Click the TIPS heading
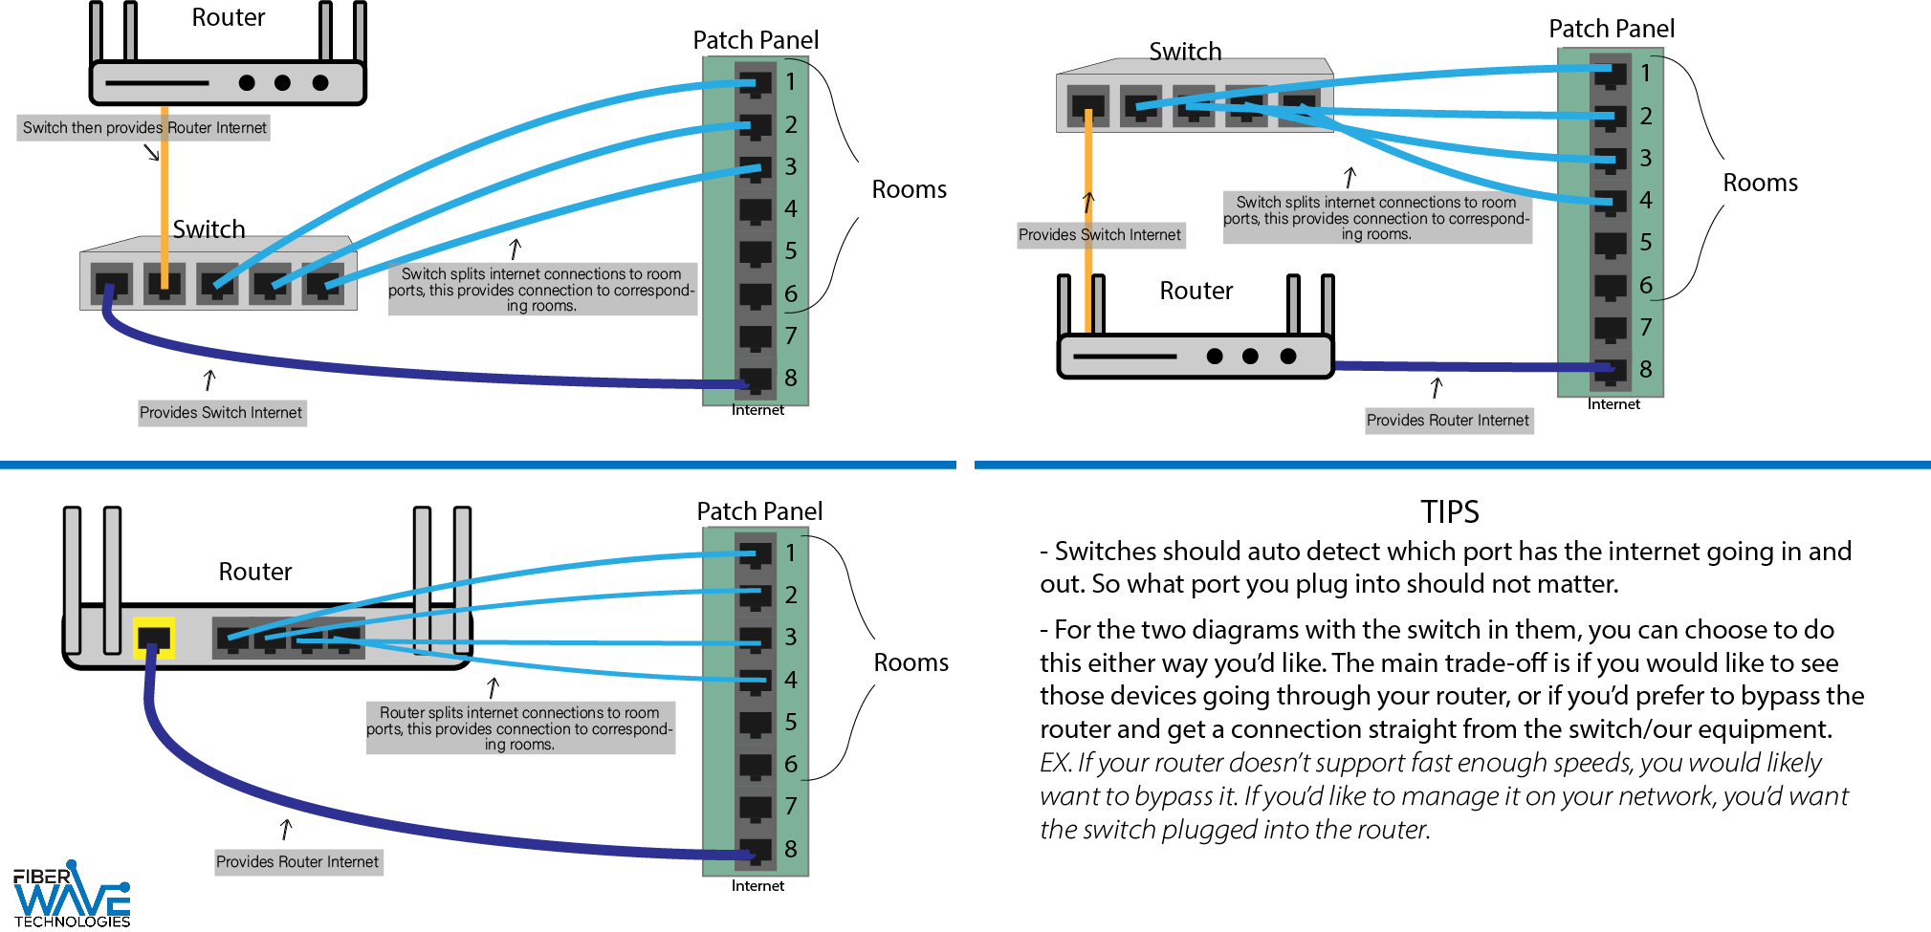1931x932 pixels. (x=1449, y=512)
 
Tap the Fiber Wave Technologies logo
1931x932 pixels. (x=72, y=896)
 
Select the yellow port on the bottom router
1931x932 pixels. (x=154, y=638)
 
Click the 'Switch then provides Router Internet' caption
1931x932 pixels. (x=143, y=128)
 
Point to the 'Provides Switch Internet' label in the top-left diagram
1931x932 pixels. (x=221, y=413)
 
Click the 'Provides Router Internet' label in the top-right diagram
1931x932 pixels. (x=1448, y=421)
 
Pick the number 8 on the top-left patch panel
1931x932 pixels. (x=791, y=378)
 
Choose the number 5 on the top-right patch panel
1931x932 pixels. (x=1646, y=243)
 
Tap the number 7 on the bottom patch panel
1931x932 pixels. (x=791, y=807)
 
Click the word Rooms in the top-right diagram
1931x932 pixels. (x=1760, y=183)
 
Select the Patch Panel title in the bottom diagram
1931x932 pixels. (x=759, y=511)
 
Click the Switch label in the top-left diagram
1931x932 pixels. (x=208, y=229)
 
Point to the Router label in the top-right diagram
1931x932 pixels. (x=1196, y=291)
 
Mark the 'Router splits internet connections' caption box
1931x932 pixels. (x=519, y=728)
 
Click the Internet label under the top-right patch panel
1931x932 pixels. (x=1613, y=404)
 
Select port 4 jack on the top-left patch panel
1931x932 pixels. (x=755, y=209)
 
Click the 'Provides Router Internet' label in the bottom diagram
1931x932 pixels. (x=297, y=862)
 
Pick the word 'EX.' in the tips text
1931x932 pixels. (x=1055, y=763)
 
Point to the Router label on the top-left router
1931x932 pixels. (x=228, y=18)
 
